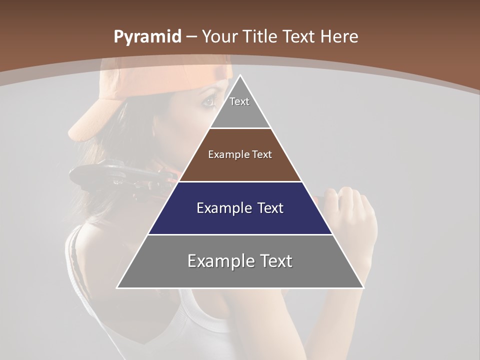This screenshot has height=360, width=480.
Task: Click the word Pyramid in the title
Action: (x=147, y=37)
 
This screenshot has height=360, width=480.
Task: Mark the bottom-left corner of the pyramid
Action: (x=117, y=287)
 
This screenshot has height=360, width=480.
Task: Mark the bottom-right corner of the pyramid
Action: (x=363, y=287)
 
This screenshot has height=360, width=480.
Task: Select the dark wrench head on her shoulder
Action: (x=100, y=175)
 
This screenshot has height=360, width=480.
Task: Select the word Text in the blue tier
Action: (x=267, y=208)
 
